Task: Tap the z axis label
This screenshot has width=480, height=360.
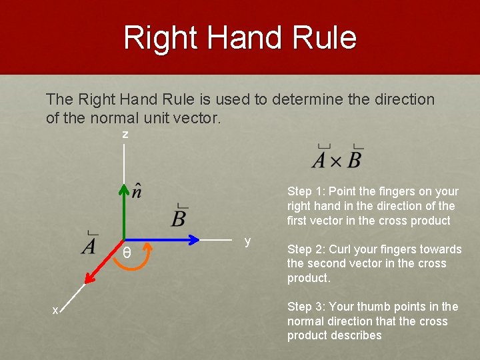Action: click(x=125, y=135)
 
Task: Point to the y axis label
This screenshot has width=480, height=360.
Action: click(x=247, y=241)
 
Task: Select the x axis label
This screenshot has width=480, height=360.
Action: click(x=56, y=309)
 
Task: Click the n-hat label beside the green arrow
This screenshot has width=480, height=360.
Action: click(x=136, y=191)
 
